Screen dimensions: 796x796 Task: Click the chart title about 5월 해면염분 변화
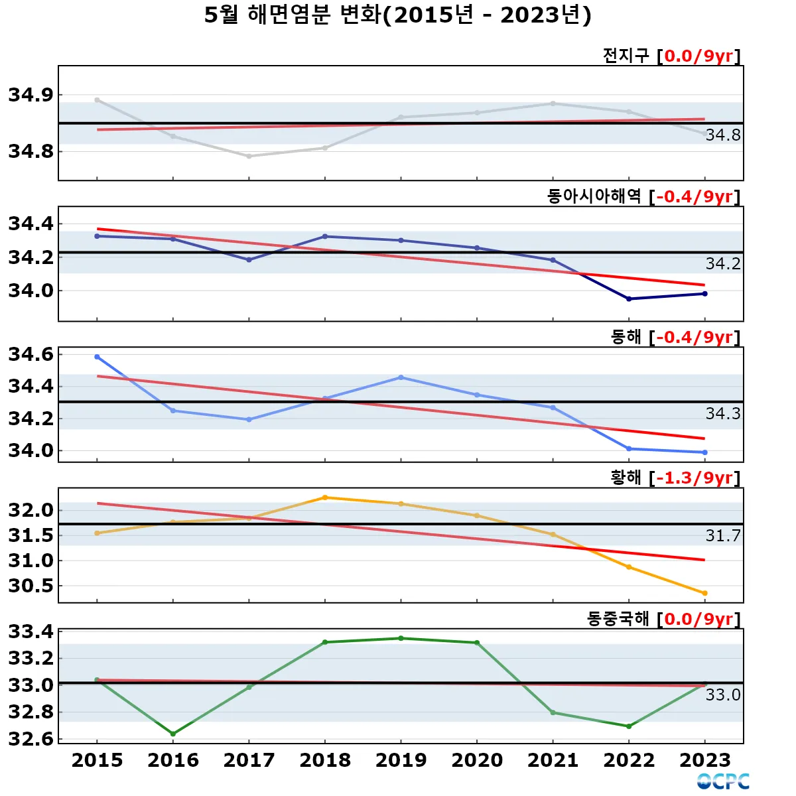397,15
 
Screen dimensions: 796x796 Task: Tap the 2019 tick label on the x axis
401,760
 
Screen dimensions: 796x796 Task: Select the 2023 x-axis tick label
704,760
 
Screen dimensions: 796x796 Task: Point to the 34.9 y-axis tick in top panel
31,95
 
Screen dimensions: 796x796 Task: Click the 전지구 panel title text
626,55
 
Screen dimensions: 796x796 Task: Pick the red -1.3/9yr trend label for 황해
695,478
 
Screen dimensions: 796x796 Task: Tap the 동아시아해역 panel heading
594,196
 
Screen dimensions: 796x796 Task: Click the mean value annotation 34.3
722,414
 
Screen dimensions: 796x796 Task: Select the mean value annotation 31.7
722,536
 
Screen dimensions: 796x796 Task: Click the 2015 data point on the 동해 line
98,357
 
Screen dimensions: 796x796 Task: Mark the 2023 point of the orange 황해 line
704,593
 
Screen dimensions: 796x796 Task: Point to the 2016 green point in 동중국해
173,734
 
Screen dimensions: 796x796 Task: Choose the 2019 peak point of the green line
401,638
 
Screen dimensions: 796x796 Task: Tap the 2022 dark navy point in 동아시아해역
629,299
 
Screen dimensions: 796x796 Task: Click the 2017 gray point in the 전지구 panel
249,157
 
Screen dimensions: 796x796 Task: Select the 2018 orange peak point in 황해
325,497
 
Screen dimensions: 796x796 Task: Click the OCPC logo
723,781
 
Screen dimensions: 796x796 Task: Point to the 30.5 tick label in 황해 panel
31,586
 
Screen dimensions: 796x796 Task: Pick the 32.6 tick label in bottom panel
31,738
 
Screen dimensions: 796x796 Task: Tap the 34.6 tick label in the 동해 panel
31,355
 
